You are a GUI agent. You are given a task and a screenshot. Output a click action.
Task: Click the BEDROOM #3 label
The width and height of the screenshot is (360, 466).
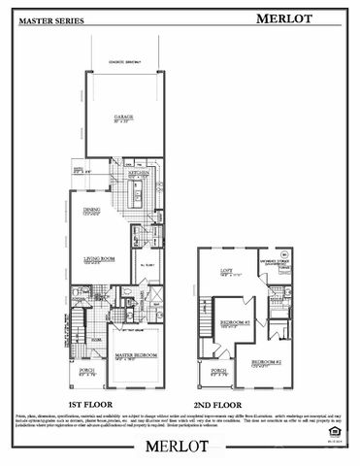pyautogui.click(x=235, y=322)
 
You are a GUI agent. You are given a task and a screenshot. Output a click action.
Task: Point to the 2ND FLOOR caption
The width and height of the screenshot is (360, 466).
pyautogui.click(x=243, y=404)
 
